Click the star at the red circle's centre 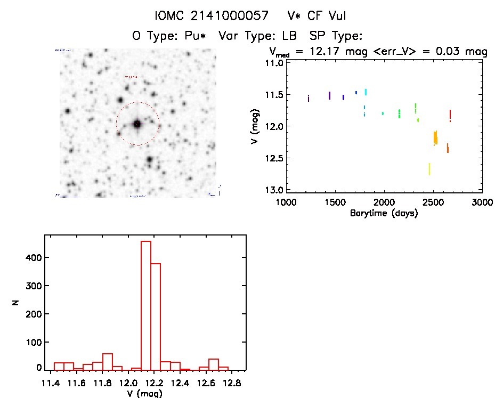pyautogui.click(x=137, y=124)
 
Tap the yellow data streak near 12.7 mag pyautogui.click(x=429, y=169)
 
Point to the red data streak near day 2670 pyautogui.click(x=450, y=115)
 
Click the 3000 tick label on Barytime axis pyautogui.click(x=482, y=203)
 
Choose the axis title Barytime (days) pyautogui.click(x=383, y=214)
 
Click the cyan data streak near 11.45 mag pyautogui.click(x=366, y=92)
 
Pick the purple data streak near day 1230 pyautogui.click(x=309, y=98)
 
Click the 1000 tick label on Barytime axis pyautogui.click(x=286, y=203)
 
